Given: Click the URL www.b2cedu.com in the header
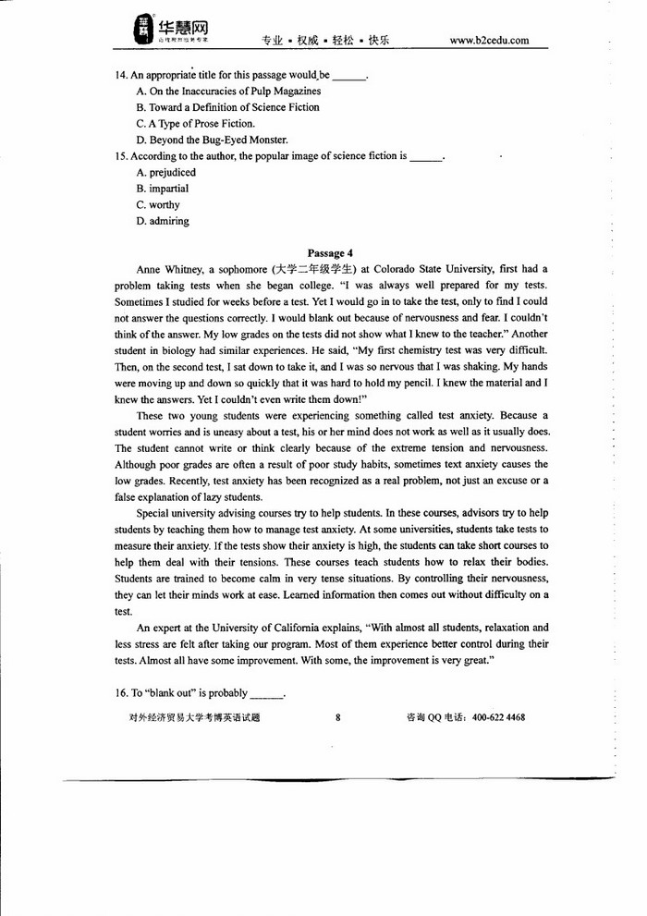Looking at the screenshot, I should [x=489, y=41].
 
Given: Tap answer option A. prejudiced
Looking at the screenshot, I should [x=165, y=173].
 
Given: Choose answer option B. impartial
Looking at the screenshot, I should [x=162, y=189].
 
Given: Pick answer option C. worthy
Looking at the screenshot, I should [x=158, y=205].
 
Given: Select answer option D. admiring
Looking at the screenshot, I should [x=162, y=221].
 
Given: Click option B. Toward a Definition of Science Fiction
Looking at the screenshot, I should [x=227, y=107].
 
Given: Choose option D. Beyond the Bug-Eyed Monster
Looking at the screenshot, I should [x=212, y=140].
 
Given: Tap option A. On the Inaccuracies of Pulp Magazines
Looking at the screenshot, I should [x=228, y=92].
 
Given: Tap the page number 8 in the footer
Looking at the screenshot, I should [x=338, y=717].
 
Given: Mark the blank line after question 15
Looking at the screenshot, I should [x=426, y=157].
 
